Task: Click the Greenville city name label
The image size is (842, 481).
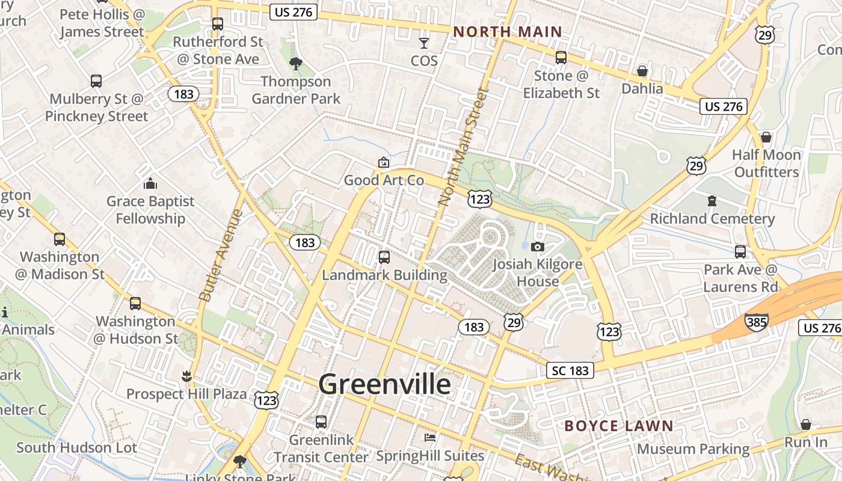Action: point(384,384)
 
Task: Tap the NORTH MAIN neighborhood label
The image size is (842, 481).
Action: point(507,32)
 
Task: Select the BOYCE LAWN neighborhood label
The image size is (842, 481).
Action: point(619,426)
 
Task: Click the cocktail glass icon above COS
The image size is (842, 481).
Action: point(424,43)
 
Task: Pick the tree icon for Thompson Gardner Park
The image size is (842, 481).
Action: point(295,63)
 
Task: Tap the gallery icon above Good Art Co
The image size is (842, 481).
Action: point(383,162)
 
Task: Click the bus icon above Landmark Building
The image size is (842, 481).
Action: point(384,257)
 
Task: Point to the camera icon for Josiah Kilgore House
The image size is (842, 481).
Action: point(538,247)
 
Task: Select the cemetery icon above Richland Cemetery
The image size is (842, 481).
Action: point(712,201)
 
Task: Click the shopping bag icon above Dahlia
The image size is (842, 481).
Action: point(642,71)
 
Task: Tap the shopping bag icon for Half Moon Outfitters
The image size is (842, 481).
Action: point(766,137)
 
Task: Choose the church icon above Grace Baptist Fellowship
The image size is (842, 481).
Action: point(150,183)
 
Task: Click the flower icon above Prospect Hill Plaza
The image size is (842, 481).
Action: point(186,376)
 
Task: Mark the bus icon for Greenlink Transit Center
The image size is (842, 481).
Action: point(321,422)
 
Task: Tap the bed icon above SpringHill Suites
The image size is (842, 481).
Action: point(429,437)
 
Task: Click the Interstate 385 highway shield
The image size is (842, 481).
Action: point(756,322)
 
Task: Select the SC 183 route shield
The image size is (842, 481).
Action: point(570,370)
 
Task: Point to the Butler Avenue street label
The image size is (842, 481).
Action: point(221,255)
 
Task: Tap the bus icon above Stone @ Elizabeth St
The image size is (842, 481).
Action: point(561,58)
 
